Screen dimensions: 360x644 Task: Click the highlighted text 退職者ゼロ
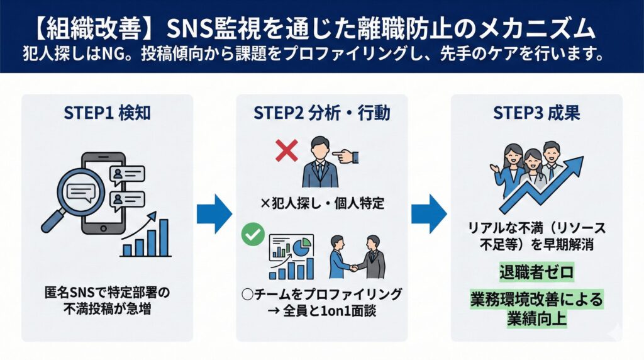(x=536, y=274)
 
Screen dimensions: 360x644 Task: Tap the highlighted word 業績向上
(x=536, y=318)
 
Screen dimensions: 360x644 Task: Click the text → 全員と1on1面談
(x=321, y=310)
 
